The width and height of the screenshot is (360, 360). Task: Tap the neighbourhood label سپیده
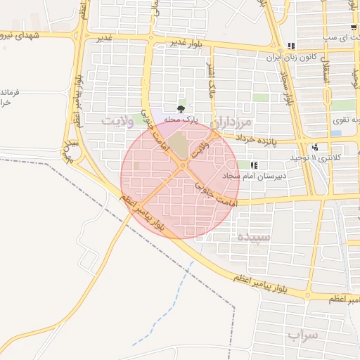(x=254, y=236)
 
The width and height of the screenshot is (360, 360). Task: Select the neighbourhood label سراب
(x=303, y=336)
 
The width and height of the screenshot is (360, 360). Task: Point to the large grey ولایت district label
(x=117, y=120)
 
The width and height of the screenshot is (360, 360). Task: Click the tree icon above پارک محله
(x=182, y=108)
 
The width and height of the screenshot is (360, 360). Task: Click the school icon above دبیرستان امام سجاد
(x=252, y=165)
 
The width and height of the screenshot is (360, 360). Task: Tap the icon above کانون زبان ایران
(x=290, y=46)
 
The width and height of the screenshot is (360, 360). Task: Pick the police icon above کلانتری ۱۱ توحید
(x=315, y=147)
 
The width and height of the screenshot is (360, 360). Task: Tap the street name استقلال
(x=326, y=69)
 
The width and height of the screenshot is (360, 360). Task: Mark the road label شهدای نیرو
(x=27, y=34)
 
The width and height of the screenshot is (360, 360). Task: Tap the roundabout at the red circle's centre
(x=182, y=166)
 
